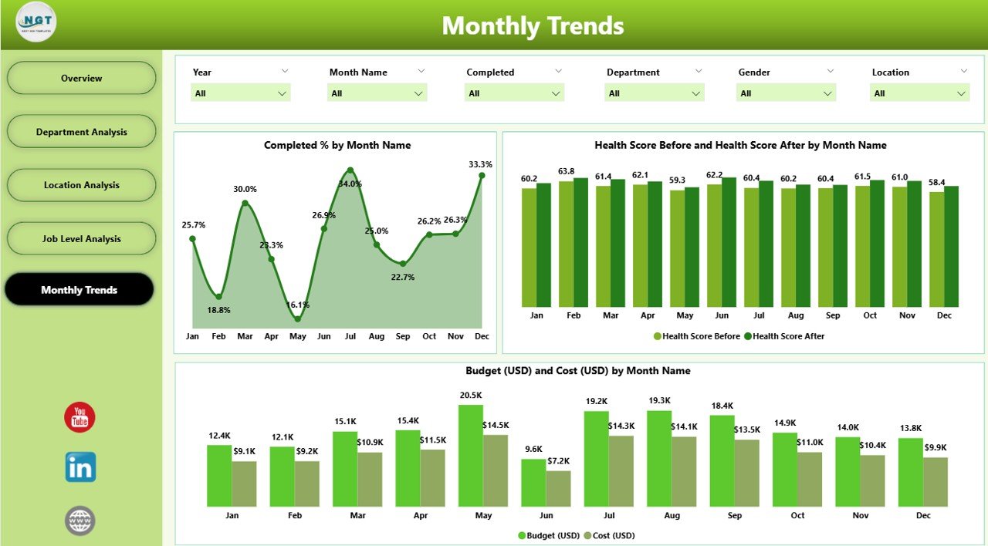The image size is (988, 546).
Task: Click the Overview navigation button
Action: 81,78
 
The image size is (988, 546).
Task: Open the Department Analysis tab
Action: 81,132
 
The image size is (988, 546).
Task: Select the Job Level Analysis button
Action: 81,239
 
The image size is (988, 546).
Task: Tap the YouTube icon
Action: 80,417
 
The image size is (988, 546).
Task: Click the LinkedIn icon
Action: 80,467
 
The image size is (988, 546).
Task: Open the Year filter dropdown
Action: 240,93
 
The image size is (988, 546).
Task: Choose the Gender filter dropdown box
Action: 786,93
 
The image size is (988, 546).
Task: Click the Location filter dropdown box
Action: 919,93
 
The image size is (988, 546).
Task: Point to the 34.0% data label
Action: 350,184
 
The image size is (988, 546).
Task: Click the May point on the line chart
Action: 298,318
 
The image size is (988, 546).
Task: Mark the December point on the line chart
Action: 482,175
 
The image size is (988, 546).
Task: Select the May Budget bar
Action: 471,456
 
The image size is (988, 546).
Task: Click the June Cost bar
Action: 558,488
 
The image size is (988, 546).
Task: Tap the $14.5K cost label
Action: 496,425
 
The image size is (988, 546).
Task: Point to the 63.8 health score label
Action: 567,171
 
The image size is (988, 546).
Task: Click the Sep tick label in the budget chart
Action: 734,516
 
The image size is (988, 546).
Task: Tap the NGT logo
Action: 36,22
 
